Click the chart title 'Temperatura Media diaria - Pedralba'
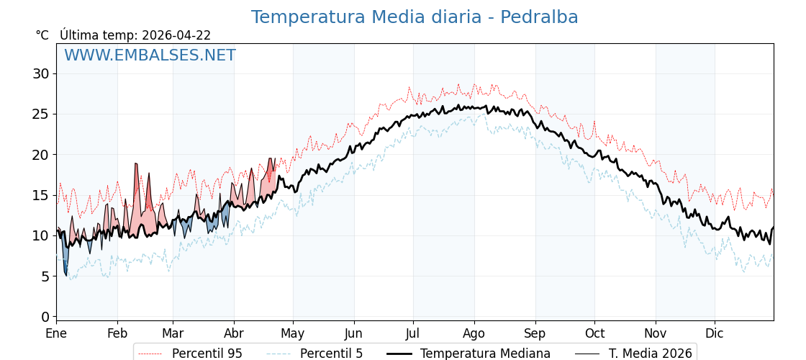(415, 17)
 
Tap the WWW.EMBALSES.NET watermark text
(150, 55)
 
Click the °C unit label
(42, 35)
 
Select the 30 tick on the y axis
(40, 73)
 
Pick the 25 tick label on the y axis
(40, 114)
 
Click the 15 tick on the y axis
(40, 195)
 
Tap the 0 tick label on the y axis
(45, 317)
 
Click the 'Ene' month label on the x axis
(56, 333)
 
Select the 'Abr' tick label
(234, 333)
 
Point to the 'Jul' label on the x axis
(413, 333)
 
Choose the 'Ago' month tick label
(474, 333)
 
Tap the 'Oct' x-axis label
(594, 333)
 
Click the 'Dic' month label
(715, 333)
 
